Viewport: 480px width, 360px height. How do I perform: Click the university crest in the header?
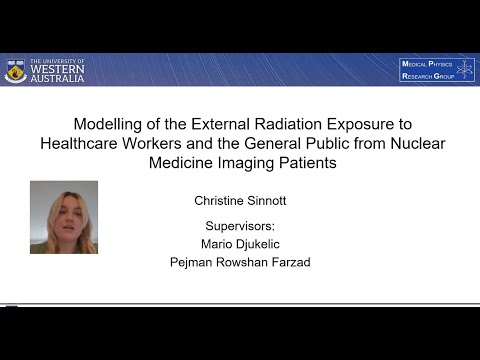(x=15, y=69)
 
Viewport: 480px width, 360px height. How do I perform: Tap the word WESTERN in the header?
(x=58, y=70)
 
